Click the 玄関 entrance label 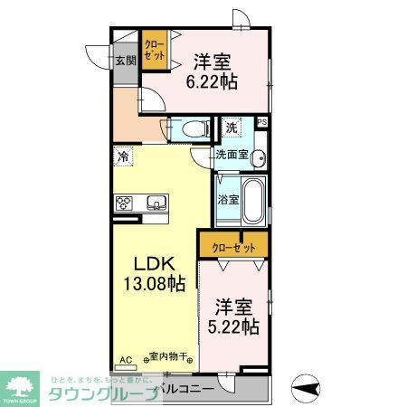click(125, 61)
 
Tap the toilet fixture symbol click(190, 130)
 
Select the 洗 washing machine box click(232, 128)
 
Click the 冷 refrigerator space click(122, 156)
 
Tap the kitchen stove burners click(124, 202)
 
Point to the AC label click(126, 359)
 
